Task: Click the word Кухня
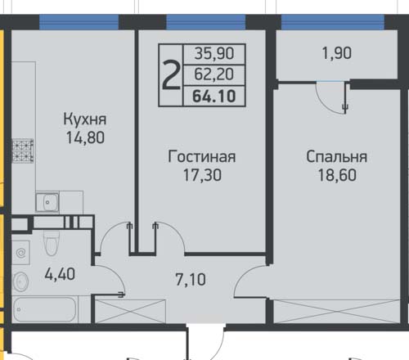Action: [x=85, y=119]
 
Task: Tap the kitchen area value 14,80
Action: [x=85, y=137]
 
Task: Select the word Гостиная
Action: [x=202, y=156]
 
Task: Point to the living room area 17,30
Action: [x=202, y=175]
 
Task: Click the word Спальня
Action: [x=337, y=157]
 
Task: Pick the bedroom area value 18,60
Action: [x=337, y=175]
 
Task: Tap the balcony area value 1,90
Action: [x=337, y=53]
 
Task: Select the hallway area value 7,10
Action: [x=191, y=280]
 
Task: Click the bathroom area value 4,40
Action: [x=60, y=274]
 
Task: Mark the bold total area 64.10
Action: [x=214, y=96]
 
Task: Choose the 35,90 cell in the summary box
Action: [x=214, y=53]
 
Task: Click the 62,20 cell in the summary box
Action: [x=214, y=74]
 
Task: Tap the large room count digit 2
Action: [x=171, y=74]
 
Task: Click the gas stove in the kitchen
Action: [x=23, y=151]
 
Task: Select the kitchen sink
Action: [x=47, y=202]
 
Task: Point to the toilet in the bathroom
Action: [x=52, y=242]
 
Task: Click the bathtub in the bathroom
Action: [x=45, y=309]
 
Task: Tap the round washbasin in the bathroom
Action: [x=20, y=282]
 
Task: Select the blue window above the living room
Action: [x=206, y=22]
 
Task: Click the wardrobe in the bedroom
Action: [x=336, y=311]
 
